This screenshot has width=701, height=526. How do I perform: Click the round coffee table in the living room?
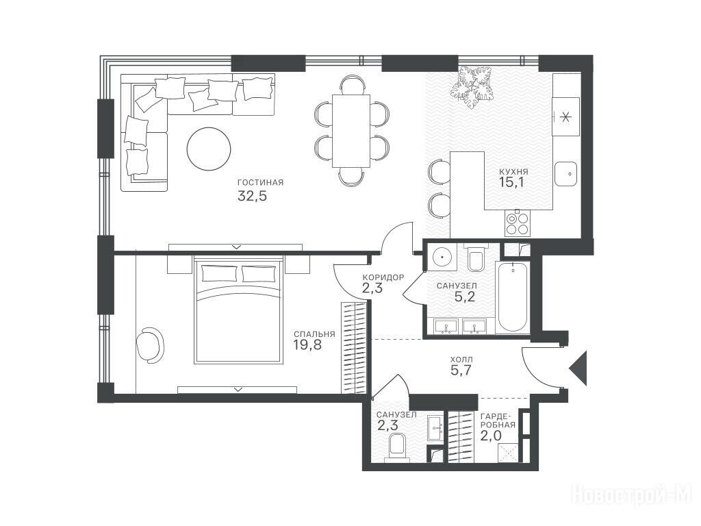coord(209,149)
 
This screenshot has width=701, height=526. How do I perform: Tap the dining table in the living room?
coord(351,131)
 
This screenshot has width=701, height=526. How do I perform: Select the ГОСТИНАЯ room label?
coord(261,182)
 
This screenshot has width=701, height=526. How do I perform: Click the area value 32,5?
coord(252,196)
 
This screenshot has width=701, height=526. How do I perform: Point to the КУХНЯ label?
coord(513,171)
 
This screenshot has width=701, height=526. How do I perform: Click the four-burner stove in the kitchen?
coord(517,223)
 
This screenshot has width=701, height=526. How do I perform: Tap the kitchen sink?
coord(566,174)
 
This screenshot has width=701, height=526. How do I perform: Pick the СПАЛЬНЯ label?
coord(314,334)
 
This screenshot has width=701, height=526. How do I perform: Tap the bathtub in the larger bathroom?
coord(512,297)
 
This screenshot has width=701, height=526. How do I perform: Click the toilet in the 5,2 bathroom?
coord(476,259)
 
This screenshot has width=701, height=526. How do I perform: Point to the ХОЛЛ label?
coord(461,359)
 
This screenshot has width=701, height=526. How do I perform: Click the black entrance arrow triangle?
coord(580,368)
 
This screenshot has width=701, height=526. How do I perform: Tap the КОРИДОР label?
coord(383,277)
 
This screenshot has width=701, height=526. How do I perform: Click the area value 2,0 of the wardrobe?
coord(491,436)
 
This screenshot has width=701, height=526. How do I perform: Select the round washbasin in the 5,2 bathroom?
coord(442,258)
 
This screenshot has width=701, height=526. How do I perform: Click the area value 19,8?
coord(307,345)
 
